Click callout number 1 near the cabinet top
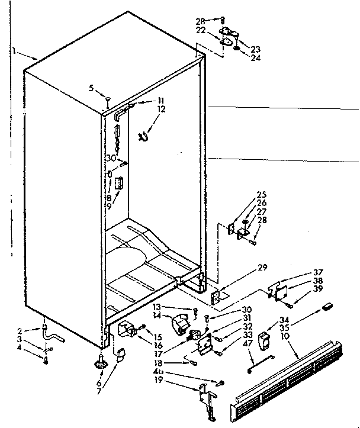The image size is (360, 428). pyautogui.click(x=13, y=52)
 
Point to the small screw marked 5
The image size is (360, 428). pyautogui.click(x=107, y=98)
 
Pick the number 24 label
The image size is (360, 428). pyautogui.click(x=255, y=57)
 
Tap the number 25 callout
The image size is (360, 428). pyautogui.click(x=261, y=194)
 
